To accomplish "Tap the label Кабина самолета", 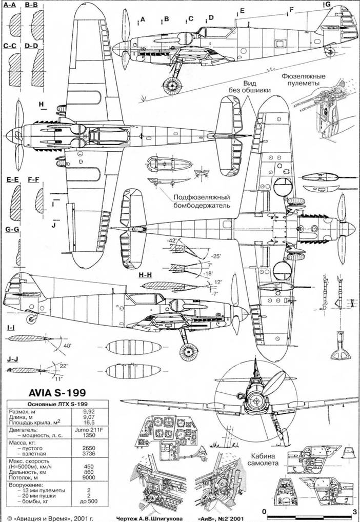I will pos(265,458).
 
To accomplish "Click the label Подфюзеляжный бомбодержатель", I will pos(201,201).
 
